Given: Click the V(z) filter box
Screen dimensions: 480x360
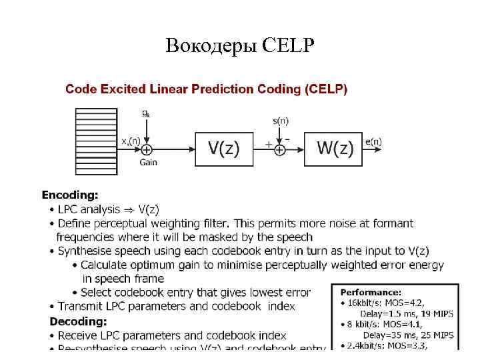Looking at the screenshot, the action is click(225, 149).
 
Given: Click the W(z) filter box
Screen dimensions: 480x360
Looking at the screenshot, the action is click(334, 149).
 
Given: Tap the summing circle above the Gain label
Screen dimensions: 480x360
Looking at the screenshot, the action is click(147, 150).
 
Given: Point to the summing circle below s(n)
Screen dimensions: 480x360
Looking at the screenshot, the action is click(280, 150).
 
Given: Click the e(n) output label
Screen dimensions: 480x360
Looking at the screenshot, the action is click(373, 141).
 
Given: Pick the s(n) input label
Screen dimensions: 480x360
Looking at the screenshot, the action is click(281, 121).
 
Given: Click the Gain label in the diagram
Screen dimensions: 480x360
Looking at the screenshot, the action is click(148, 163).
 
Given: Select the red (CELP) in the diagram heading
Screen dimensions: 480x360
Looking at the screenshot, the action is click(325, 89).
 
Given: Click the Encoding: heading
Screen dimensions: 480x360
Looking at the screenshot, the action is click(70, 195).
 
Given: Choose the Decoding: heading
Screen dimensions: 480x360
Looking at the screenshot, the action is click(79, 321).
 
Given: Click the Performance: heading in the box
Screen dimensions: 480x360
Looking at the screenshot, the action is click(371, 292).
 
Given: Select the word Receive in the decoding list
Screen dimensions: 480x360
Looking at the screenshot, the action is click(79, 335).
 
